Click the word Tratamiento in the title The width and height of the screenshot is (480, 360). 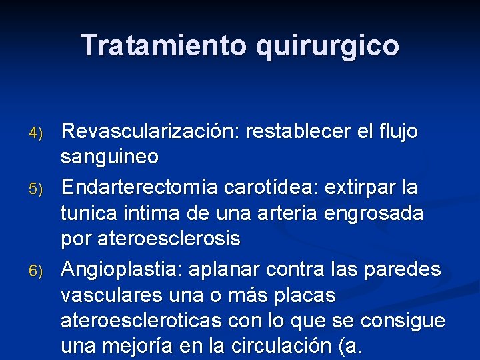(164, 45)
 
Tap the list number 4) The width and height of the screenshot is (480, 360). (38, 133)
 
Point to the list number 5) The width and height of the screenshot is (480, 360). (38, 189)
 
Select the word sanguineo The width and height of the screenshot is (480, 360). (109, 157)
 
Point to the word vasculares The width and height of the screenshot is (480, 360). (114, 295)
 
